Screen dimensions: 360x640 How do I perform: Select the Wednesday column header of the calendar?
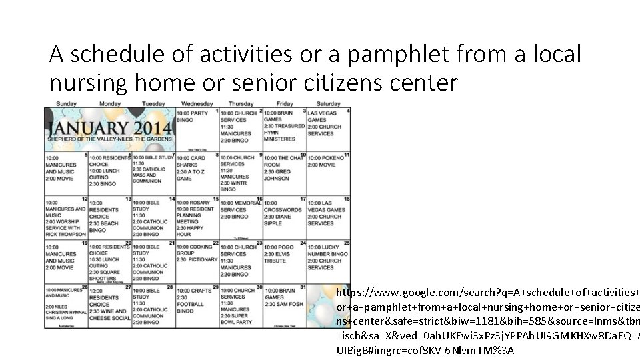click(x=196, y=104)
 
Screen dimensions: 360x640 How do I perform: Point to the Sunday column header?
click(x=66, y=104)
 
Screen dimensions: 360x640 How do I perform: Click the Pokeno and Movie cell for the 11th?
click(x=328, y=173)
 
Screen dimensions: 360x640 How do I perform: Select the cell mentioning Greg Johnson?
click(x=284, y=173)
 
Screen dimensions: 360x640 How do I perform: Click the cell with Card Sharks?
click(x=196, y=173)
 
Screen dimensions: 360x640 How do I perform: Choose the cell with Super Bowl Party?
click(x=240, y=306)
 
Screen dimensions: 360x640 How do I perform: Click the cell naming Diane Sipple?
click(x=284, y=217)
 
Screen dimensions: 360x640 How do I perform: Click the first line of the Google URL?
click(x=487, y=293)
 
